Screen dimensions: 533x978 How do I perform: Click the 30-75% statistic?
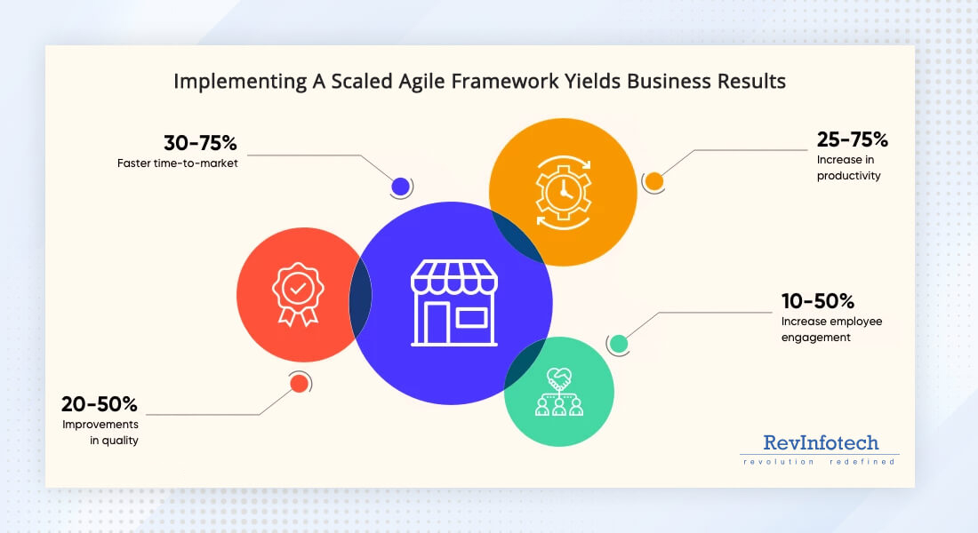tap(201, 143)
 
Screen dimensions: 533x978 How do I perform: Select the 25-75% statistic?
tap(852, 139)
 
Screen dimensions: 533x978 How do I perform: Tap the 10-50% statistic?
tap(817, 300)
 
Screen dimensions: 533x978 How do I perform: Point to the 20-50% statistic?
tap(100, 404)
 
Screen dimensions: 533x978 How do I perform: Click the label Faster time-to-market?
tap(177, 163)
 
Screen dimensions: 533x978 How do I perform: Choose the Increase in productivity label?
tap(848, 168)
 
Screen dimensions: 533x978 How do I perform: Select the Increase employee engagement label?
tap(831, 329)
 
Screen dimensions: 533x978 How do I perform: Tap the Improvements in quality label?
tap(100, 433)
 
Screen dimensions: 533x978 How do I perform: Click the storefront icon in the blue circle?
tap(454, 303)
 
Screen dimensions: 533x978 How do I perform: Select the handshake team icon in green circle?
tap(559, 392)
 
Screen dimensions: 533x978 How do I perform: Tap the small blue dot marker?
tap(400, 187)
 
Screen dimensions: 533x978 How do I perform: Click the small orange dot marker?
tap(653, 181)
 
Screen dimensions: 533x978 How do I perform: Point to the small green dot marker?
tap(619, 343)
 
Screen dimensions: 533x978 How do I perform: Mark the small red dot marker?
tap(299, 383)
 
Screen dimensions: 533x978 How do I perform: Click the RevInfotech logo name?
tap(820, 442)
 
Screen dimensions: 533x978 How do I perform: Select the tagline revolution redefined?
tap(819, 462)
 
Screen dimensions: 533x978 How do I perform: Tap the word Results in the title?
tap(750, 82)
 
